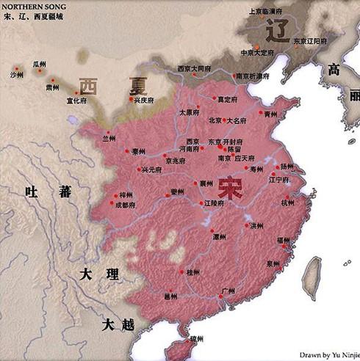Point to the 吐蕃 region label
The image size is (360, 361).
pos(47,192)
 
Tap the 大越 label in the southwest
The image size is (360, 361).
pos(117,324)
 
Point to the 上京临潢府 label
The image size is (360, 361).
pos(267,11)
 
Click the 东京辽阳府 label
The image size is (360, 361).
pos(312,42)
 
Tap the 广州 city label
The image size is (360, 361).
pos(228,293)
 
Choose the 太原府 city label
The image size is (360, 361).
pos(190,113)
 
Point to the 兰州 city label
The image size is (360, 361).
pos(109,137)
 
